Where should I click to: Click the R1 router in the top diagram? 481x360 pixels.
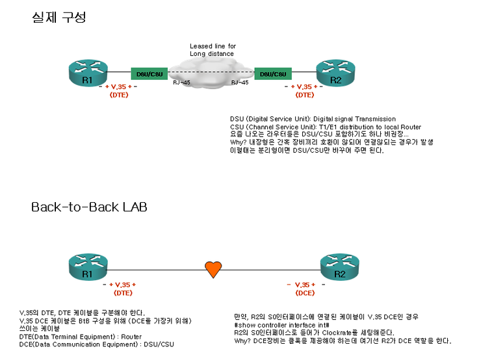tap(88, 72)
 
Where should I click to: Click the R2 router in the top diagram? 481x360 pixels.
tap(335, 72)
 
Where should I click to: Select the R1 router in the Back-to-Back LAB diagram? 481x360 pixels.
tap(88, 267)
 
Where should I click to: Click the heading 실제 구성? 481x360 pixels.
tap(58, 18)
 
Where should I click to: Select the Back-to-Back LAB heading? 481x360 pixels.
tap(89, 207)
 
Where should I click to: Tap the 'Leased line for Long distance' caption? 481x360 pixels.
tap(213, 50)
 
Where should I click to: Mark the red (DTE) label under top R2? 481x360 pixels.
tap(305, 95)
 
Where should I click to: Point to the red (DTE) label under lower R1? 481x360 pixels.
tap(119, 293)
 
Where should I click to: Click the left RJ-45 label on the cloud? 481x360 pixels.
tap(181, 83)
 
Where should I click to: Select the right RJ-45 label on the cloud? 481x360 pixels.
tap(240, 83)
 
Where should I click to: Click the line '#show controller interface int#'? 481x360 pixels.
tap(281, 324)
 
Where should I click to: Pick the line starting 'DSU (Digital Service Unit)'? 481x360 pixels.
tap(313, 119)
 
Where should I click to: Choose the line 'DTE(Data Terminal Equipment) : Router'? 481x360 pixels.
tap(71, 336)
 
